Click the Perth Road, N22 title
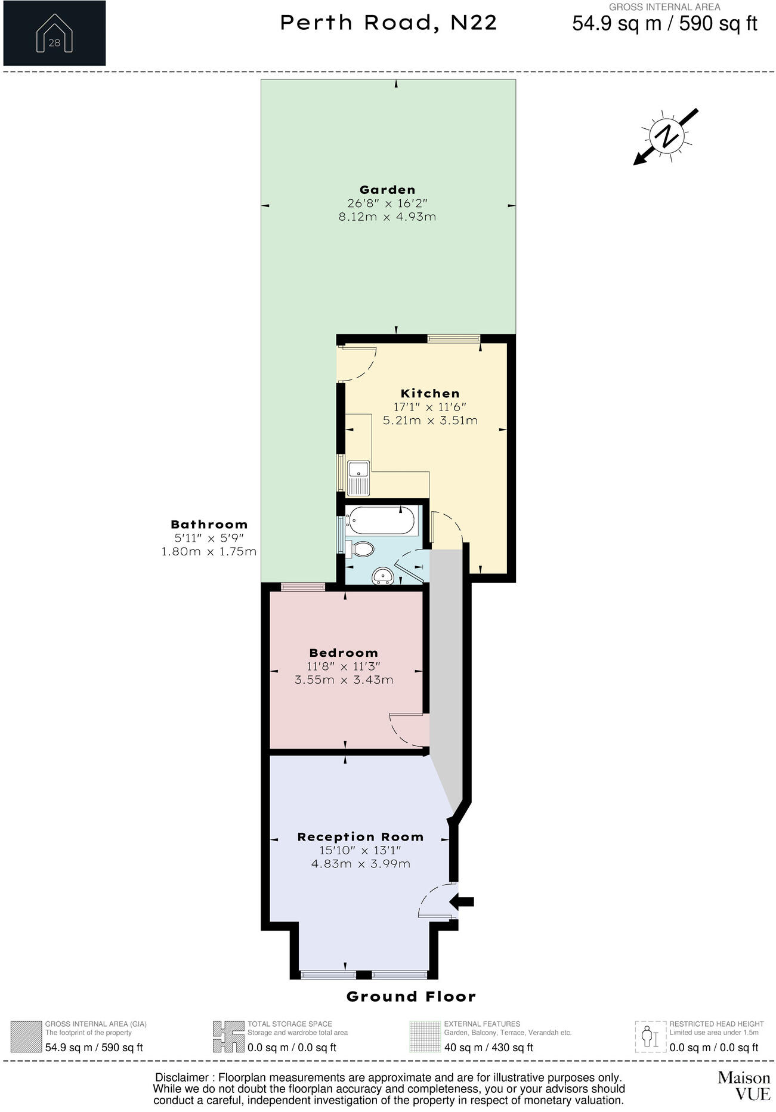[388, 23]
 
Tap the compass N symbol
[666, 135]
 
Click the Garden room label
[387, 190]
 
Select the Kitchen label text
[430, 394]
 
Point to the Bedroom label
[344, 653]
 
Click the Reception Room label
[360, 837]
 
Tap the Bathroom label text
[209, 525]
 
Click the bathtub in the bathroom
[382, 520]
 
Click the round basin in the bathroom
[382, 576]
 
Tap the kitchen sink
[359, 477]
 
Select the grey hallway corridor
[446, 656]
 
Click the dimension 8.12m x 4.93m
[387, 217]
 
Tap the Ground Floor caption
[411, 997]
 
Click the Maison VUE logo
[743, 1085]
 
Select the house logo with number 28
[54, 34]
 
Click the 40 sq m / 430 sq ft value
[489, 1048]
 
